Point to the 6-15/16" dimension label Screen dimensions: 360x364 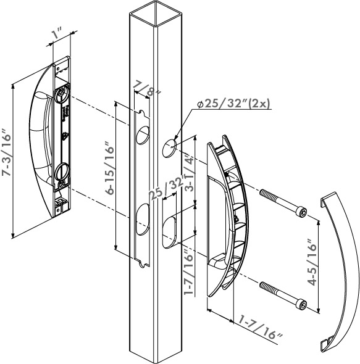(x=109, y=168)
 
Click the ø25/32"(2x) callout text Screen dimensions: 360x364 (x=234, y=103)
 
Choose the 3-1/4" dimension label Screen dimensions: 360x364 (x=190, y=172)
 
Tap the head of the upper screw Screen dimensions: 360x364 (x=302, y=213)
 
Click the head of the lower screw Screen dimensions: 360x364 (x=302, y=304)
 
